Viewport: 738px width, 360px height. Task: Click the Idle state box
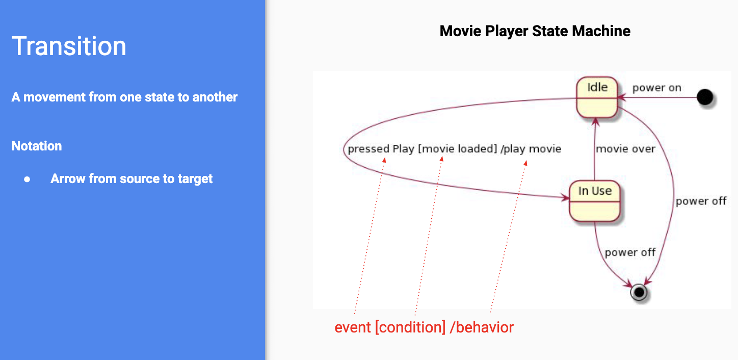tap(597, 97)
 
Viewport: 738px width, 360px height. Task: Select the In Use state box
tap(595, 201)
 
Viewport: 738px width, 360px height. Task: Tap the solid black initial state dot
tap(705, 97)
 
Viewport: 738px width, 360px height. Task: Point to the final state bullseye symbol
tap(639, 292)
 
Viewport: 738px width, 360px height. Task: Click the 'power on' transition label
tap(656, 88)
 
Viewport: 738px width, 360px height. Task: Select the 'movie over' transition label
tap(626, 149)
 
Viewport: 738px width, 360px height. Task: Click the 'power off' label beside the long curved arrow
tap(701, 201)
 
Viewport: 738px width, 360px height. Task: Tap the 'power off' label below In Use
tap(630, 252)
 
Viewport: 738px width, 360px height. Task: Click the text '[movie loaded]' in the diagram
tap(457, 149)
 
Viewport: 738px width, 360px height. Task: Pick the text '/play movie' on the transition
tap(531, 149)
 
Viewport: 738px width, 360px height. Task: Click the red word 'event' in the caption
tap(353, 327)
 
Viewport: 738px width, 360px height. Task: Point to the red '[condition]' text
tap(410, 327)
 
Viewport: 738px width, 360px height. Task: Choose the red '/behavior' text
tap(482, 327)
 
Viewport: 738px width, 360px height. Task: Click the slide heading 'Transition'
tap(69, 46)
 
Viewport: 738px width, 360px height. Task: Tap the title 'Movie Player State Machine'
tap(535, 31)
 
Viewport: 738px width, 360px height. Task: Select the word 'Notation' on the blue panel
tap(37, 146)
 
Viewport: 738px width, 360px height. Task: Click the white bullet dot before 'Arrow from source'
tap(27, 179)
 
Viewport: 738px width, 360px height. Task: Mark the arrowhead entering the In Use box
tap(566, 198)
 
